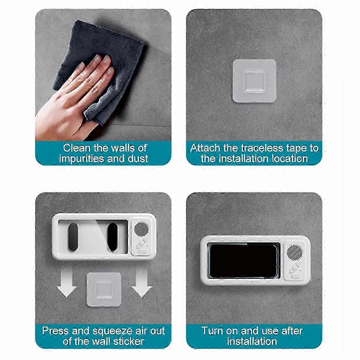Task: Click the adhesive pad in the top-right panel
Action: (x=254, y=81)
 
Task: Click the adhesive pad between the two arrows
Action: (x=104, y=289)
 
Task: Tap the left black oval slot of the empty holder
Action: (x=73, y=237)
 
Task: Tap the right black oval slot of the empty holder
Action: (x=113, y=237)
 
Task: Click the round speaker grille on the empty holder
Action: (x=141, y=229)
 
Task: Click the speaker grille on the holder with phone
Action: (x=295, y=252)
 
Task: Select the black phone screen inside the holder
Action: (x=243, y=261)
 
